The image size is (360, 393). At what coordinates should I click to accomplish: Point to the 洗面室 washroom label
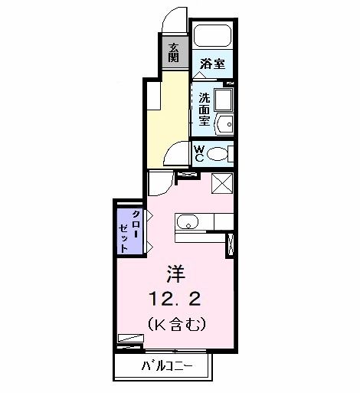click(x=205, y=109)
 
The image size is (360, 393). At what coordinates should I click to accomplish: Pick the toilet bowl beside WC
click(x=219, y=153)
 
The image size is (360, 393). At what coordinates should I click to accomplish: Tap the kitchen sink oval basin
click(x=188, y=223)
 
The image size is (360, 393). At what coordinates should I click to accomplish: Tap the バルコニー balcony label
click(x=165, y=366)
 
